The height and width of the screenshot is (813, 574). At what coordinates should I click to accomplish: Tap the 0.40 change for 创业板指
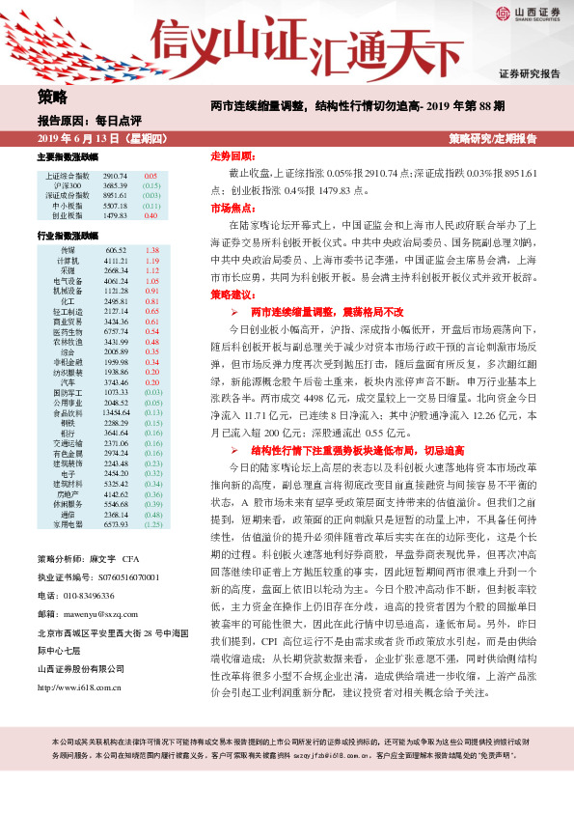point(150,215)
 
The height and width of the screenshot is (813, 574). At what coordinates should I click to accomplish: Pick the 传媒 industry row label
point(68,249)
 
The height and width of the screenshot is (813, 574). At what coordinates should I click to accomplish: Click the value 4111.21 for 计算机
point(116,261)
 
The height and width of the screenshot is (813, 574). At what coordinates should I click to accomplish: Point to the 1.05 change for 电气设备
point(151,281)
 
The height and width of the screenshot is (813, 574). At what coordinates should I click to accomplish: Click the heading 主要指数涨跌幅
point(68,155)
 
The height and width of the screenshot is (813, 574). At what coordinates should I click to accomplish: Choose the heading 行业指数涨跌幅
point(68,235)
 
